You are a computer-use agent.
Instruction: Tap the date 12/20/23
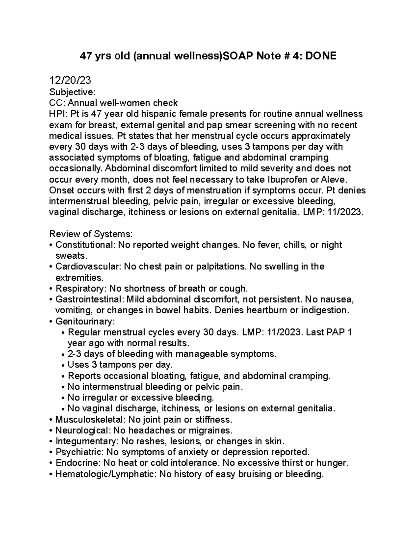70,81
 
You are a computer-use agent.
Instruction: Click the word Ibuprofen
291,179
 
